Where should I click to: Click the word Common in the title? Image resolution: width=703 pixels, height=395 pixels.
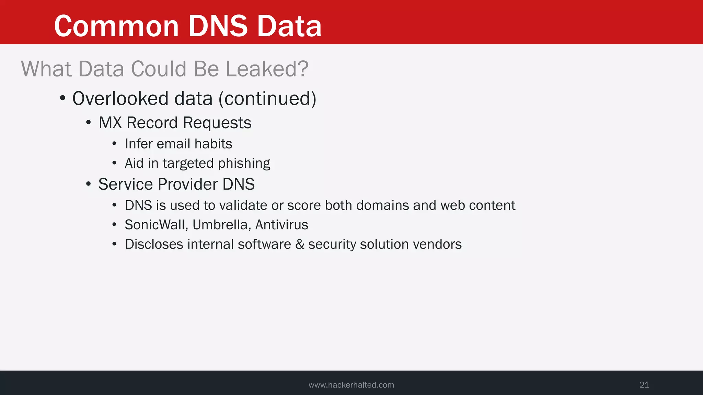[116, 26]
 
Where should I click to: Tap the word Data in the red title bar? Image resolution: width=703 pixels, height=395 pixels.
[289, 26]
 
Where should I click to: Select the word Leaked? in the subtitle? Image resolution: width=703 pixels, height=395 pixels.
[267, 69]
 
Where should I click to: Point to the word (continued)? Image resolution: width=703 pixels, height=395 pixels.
[267, 99]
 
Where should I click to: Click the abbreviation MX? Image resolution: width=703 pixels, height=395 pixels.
[110, 123]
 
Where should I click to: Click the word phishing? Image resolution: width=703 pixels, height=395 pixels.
[244, 164]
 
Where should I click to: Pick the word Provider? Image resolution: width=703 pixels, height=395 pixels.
[188, 184]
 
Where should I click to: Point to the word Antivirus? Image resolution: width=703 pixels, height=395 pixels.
[282, 225]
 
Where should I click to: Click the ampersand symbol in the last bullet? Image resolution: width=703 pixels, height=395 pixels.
[300, 244]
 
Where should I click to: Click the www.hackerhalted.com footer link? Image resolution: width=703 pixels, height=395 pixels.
[351, 385]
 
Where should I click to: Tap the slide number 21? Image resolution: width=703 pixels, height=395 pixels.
[644, 385]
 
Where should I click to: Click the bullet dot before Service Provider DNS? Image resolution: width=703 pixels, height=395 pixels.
[89, 184]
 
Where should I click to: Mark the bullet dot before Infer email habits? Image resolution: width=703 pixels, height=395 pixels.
[114, 144]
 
